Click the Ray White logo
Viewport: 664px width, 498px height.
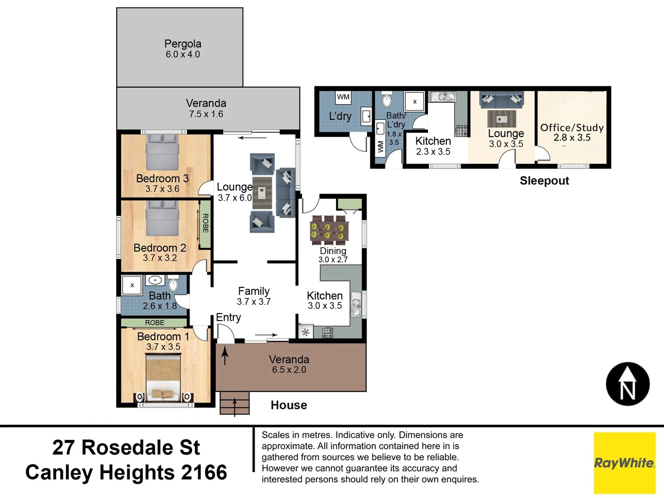[624, 463]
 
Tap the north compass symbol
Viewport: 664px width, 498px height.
[628, 384]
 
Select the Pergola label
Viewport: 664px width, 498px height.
[183, 44]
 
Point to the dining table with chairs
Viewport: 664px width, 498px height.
[328, 229]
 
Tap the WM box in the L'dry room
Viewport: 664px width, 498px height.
[343, 97]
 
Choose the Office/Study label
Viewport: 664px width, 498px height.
[572, 128]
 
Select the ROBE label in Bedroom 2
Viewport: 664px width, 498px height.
[206, 223]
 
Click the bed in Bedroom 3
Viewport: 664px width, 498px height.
[162, 152]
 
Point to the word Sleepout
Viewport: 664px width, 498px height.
[544, 181]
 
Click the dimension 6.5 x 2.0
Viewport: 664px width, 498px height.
[289, 370]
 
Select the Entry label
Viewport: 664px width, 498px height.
[228, 317]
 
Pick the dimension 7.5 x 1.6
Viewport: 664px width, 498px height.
[206, 114]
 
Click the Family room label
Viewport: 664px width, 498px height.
[254, 291]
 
